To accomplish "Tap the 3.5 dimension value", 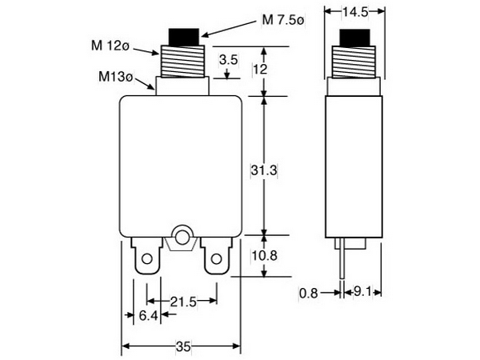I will pyautogui.click(x=228, y=60).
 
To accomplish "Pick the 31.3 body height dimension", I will pyautogui.click(x=264, y=170).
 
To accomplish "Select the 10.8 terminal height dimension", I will pyautogui.click(x=265, y=258).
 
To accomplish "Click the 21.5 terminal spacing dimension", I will pyautogui.click(x=185, y=301).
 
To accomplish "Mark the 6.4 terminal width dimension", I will pyautogui.click(x=148, y=316).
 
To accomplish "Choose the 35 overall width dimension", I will pyautogui.click(x=182, y=347).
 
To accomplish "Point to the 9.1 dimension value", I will pyautogui.click(x=362, y=293).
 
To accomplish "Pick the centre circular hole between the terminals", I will pyautogui.click(x=182, y=237).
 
